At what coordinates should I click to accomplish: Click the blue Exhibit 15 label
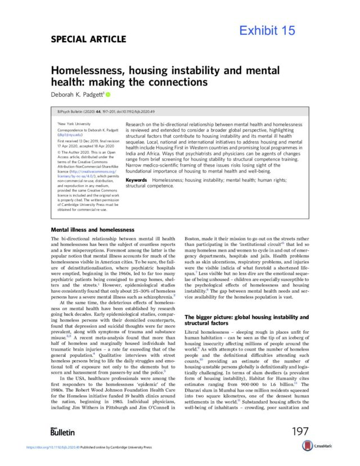point(267,31)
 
